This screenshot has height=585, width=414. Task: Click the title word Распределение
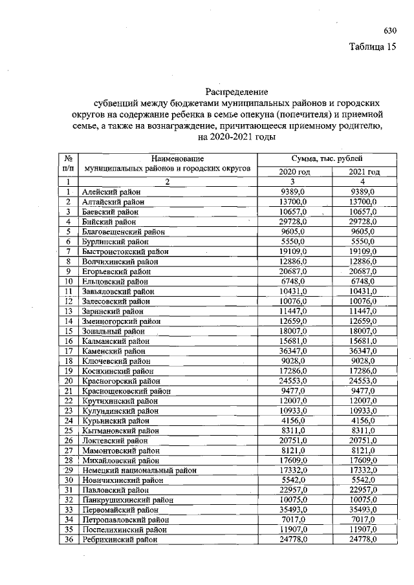click(x=235, y=91)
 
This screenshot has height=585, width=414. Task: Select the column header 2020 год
click(x=294, y=172)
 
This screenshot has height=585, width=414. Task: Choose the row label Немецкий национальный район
click(x=138, y=470)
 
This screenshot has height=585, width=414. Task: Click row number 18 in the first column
click(x=67, y=361)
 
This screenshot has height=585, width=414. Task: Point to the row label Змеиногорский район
click(x=122, y=321)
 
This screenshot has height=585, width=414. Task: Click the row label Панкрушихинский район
click(x=127, y=500)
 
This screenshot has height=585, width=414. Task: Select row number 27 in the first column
click(x=67, y=450)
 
